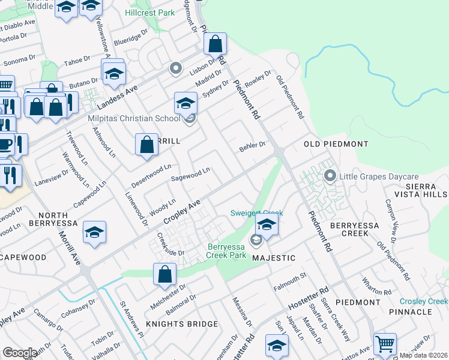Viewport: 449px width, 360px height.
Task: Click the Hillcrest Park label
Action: coord(150,13)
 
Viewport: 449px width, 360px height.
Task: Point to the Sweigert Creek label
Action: coord(256,213)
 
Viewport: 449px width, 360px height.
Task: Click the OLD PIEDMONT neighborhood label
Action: coord(336,144)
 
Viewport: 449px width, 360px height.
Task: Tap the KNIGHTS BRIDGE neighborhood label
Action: coord(181,324)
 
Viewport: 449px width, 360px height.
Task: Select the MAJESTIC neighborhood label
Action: coord(274,257)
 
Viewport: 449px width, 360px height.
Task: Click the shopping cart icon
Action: coord(385,344)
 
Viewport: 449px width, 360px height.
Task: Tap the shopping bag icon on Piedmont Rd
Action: coord(215,44)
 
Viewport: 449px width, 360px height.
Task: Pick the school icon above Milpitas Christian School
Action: coord(185,103)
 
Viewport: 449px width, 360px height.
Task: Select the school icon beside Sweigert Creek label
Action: coord(267,226)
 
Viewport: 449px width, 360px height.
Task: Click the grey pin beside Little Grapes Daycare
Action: coord(329,176)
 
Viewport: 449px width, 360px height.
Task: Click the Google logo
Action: coord(20,353)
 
